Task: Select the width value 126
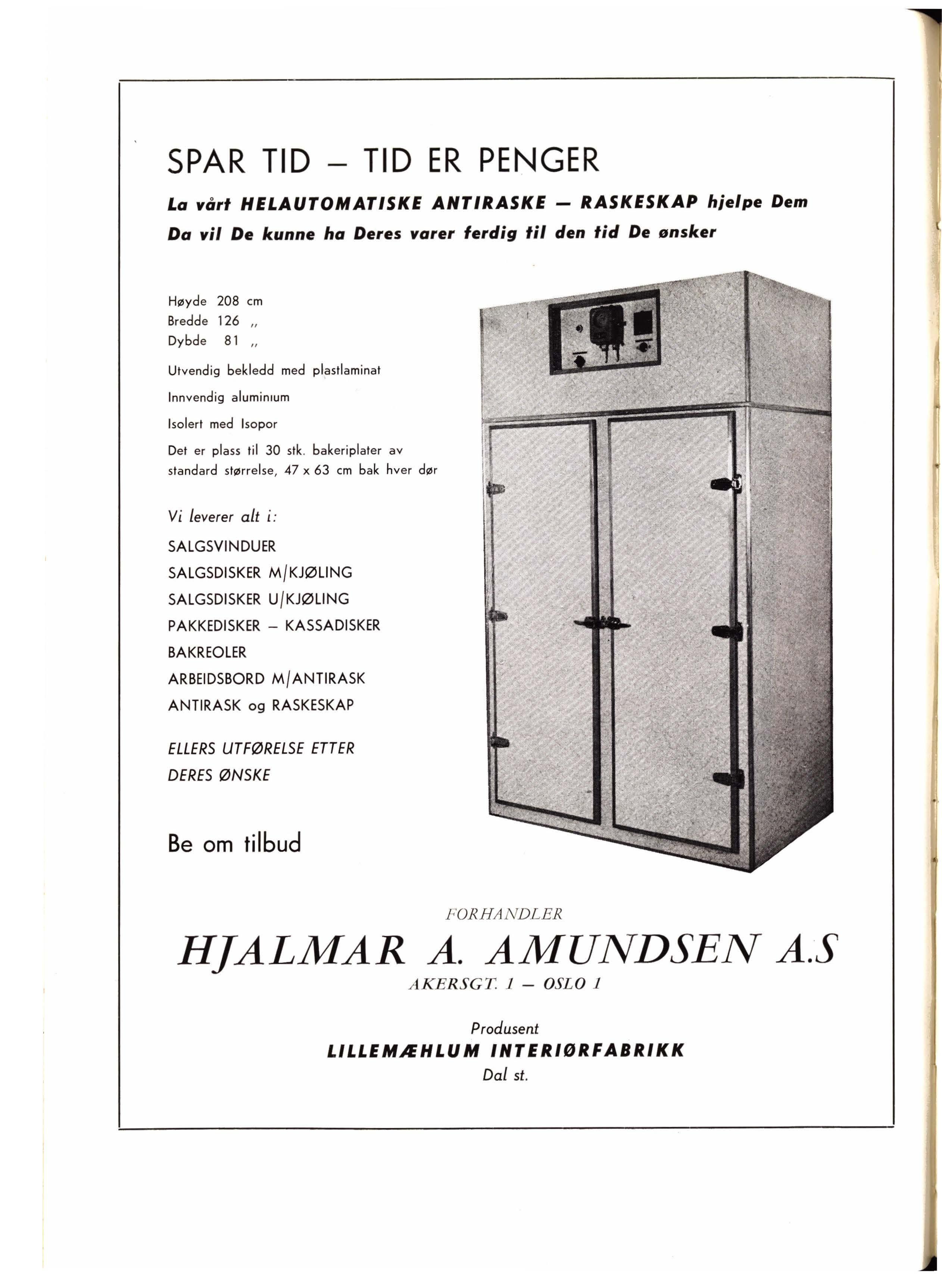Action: point(228,321)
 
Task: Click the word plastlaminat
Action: point(347,370)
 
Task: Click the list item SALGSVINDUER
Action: point(222,546)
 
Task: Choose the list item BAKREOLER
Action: point(207,652)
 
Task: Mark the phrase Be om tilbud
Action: point(234,843)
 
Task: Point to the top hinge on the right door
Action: point(726,485)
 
